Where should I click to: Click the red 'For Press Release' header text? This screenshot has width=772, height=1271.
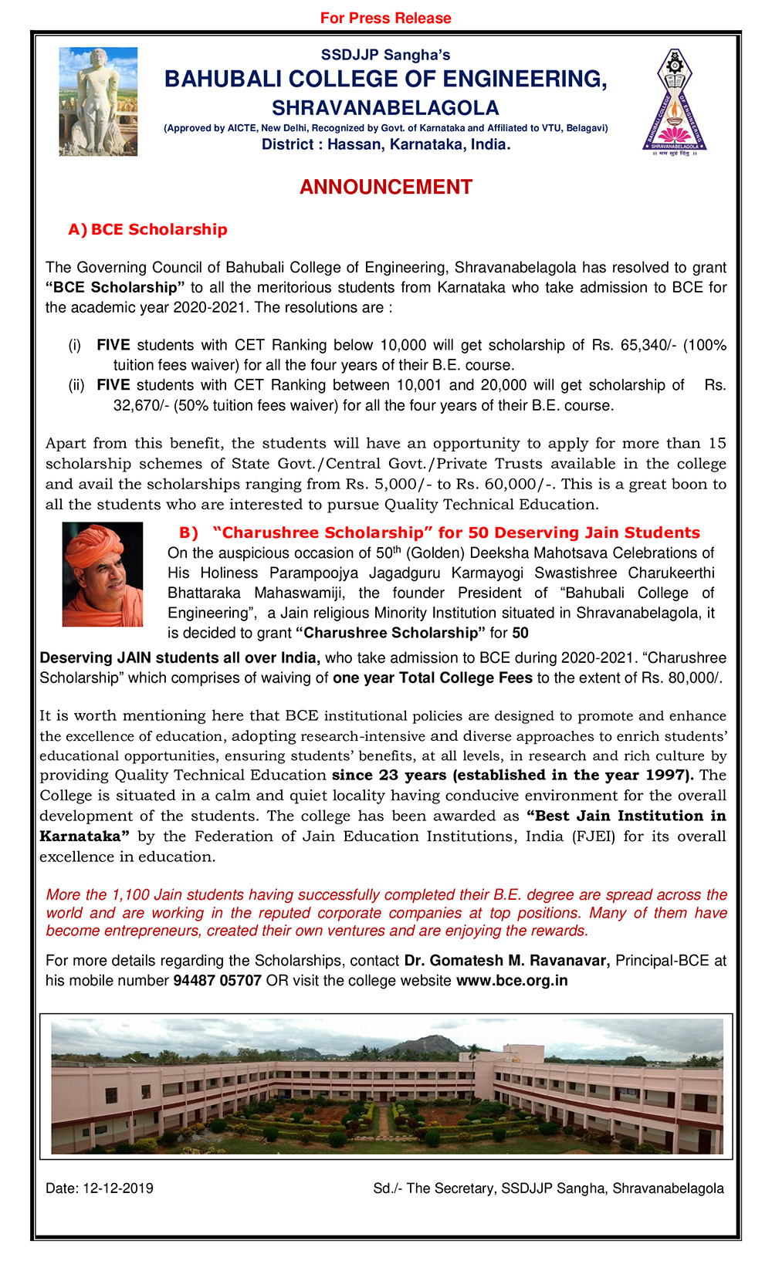pos(385,18)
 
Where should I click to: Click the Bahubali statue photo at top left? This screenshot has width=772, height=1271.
pos(98,101)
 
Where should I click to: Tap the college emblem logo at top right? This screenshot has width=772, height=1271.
pos(675,101)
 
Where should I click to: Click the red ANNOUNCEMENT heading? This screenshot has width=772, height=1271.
pos(385,187)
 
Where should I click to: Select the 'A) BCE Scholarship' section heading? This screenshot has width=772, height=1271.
pos(148,229)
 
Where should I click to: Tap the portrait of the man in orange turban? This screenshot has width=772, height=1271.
pos(103,574)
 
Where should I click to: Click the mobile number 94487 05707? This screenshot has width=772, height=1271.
pos(217,981)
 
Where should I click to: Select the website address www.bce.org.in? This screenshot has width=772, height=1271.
pos(512,981)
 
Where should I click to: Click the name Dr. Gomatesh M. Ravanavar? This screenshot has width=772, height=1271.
pos(507,961)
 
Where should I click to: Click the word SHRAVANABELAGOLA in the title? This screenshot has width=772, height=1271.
pos(385,108)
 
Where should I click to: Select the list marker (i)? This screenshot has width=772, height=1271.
pos(75,345)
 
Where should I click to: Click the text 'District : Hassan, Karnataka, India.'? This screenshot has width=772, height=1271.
pos(385,144)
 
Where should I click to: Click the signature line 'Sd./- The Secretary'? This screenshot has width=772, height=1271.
pos(433,1188)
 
